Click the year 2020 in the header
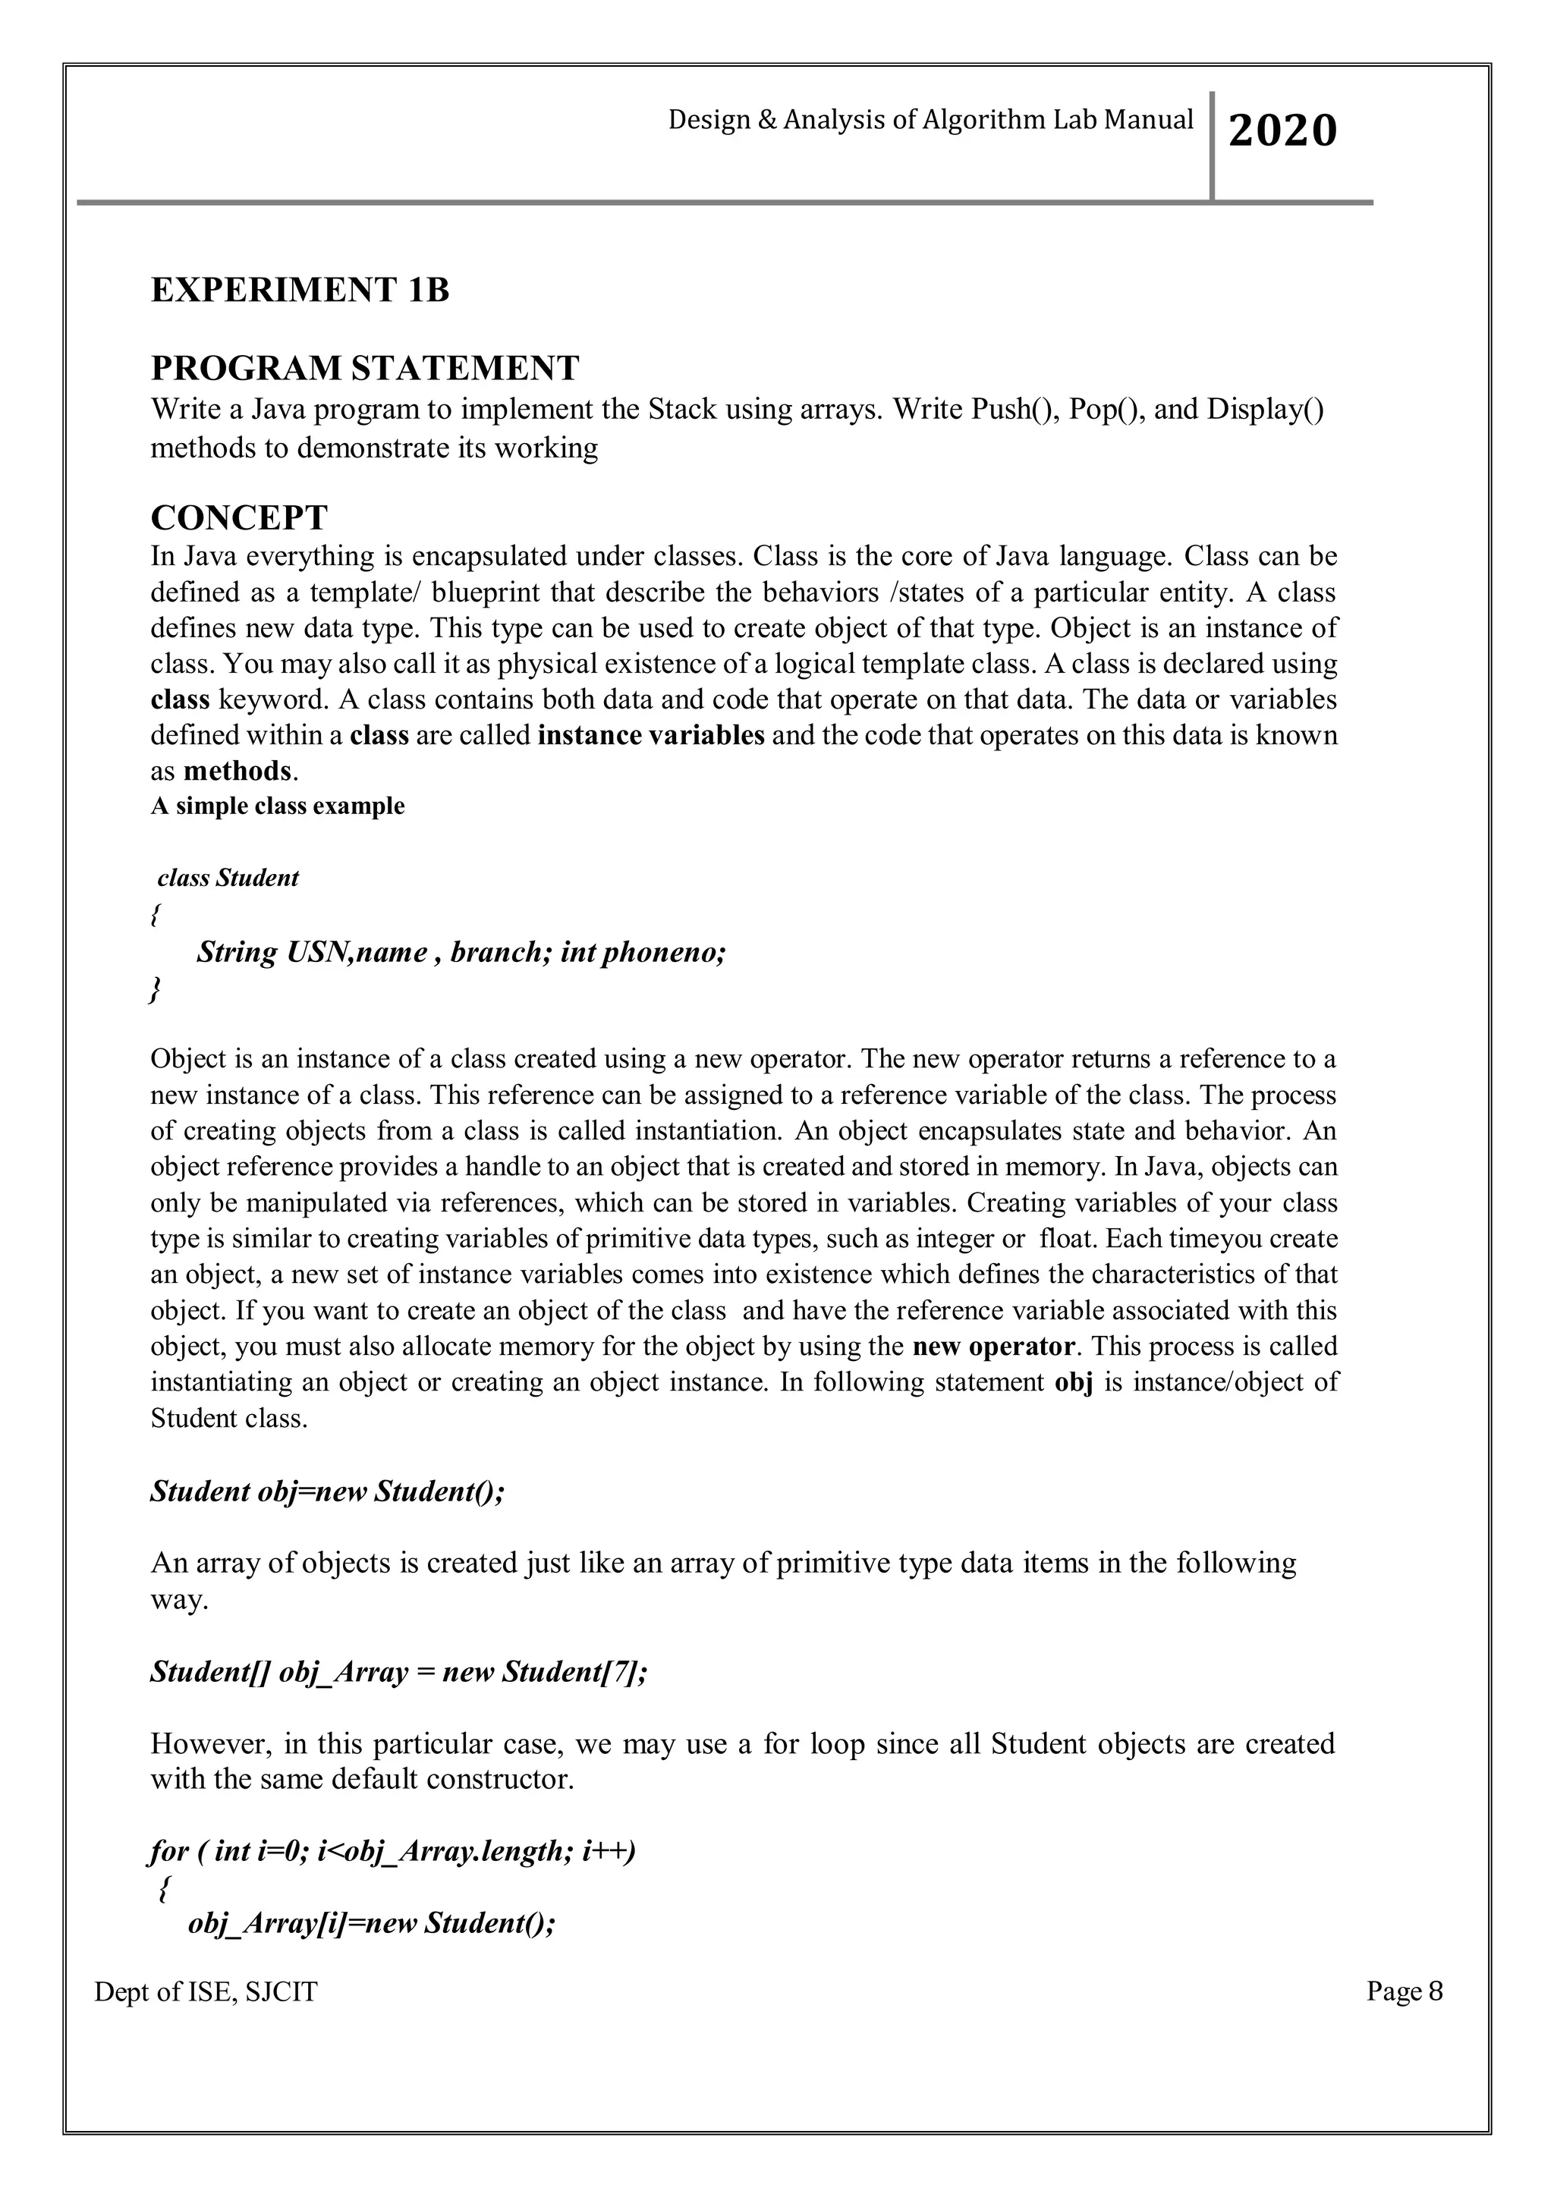(1282, 130)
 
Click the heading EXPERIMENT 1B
(300, 290)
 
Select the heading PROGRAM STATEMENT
(364, 367)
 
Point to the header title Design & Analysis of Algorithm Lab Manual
(930, 120)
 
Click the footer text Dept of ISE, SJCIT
(206, 1992)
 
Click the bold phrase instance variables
(651, 735)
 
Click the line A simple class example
(278, 806)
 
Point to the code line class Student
(228, 878)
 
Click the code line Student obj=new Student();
(327, 1491)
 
